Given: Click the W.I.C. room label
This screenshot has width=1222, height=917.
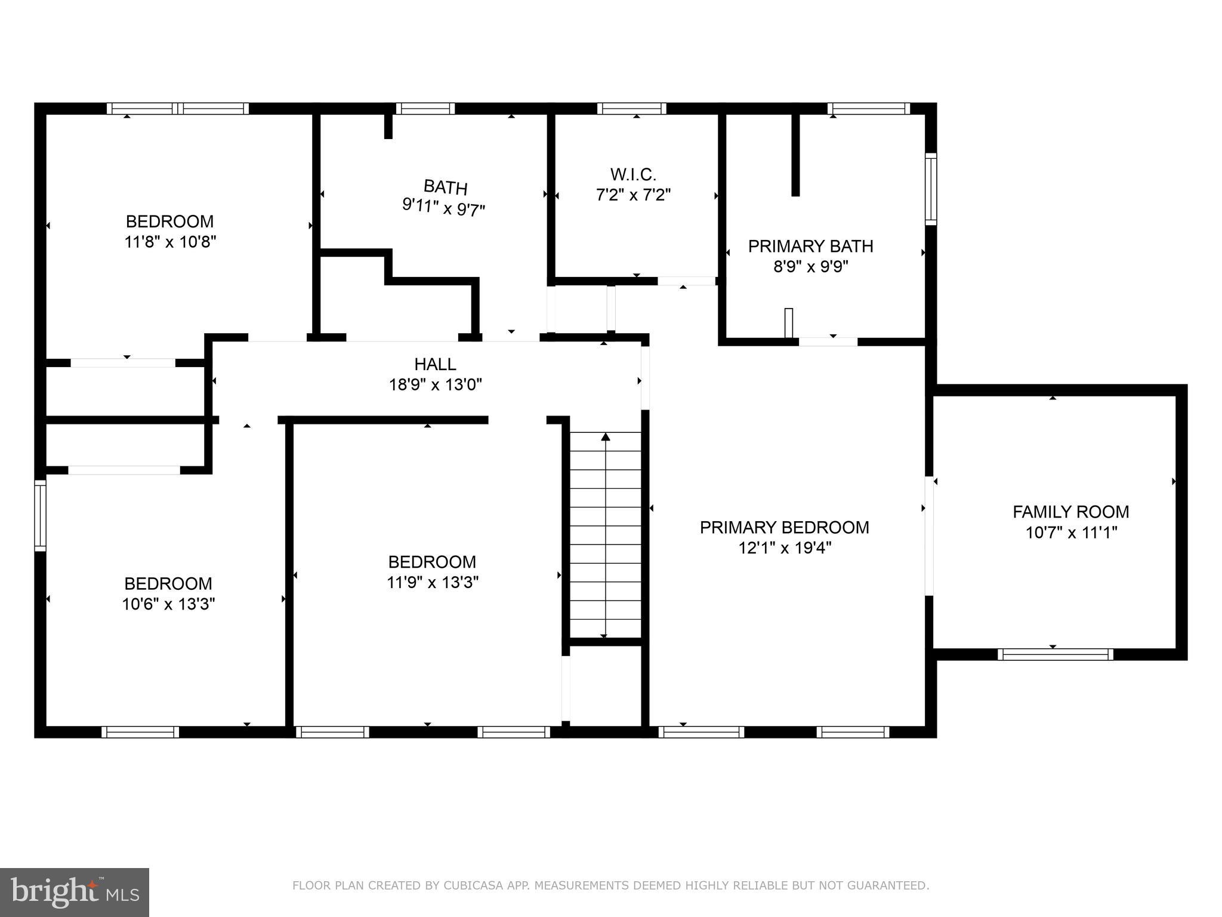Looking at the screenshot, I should click(x=633, y=174).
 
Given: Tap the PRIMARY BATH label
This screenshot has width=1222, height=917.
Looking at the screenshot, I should click(x=810, y=246).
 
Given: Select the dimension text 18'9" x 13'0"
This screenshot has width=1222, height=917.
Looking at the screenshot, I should click(x=435, y=384).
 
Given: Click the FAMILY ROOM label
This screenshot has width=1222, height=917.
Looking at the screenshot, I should click(x=1070, y=512).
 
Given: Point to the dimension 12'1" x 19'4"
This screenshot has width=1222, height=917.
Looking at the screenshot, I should click(x=784, y=547).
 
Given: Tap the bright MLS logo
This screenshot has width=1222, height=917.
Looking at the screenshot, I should click(x=75, y=892).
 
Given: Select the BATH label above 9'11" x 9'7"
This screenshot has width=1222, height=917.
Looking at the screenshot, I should click(x=445, y=187).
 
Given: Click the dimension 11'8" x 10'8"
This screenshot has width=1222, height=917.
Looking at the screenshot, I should click(x=169, y=242).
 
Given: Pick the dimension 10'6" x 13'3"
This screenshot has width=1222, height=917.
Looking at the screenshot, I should click(x=168, y=604).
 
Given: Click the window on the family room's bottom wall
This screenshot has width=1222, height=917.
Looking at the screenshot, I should click(x=1055, y=654).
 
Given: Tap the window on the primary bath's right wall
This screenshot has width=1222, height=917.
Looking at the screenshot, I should click(x=930, y=189).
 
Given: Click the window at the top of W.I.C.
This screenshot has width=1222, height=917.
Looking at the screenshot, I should click(x=631, y=109).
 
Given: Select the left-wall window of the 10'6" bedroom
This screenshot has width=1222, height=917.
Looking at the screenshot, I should click(x=40, y=516).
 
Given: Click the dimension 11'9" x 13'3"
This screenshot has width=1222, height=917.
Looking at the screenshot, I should click(x=433, y=582).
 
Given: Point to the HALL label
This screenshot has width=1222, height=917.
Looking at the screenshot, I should click(x=435, y=364).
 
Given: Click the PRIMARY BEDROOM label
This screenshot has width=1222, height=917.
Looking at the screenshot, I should click(x=784, y=527).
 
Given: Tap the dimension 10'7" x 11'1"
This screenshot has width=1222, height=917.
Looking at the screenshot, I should click(x=1070, y=532).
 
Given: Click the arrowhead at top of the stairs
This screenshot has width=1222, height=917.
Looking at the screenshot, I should click(x=605, y=437).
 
